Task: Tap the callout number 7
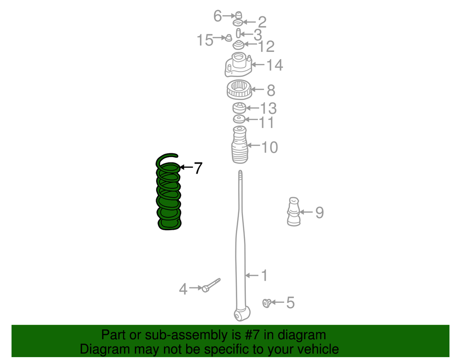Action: [198, 168]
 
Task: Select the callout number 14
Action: [275, 65]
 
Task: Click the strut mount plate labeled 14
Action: [238, 65]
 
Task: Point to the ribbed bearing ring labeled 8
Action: [239, 89]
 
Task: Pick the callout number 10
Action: [269, 147]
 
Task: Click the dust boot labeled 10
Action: [240, 145]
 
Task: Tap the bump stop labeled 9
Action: [294, 211]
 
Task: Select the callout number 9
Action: [320, 212]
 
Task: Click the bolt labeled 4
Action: [211, 285]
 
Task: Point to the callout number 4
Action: [183, 289]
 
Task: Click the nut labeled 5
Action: [267, 303]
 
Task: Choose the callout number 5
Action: [291, 303]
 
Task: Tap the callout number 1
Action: [264, 275]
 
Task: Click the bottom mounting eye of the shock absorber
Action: [242, 314]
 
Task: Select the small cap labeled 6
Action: [239, 15]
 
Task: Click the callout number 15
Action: [205, 40]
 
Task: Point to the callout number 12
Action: [267, 47]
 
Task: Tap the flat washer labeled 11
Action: [239, 119]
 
